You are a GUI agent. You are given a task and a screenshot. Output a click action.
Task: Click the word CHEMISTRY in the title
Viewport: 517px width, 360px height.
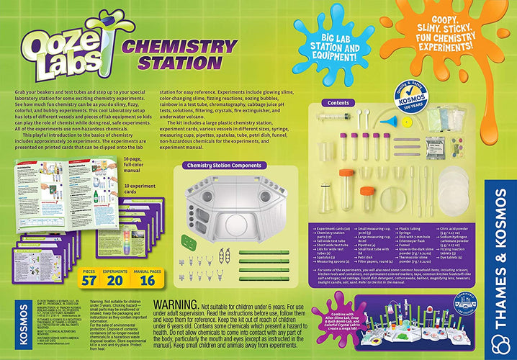pyautogui.click(x=181, y=48)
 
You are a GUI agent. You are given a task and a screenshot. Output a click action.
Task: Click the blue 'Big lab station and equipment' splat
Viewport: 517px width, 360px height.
pyautogui.click(x=335, y=43)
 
